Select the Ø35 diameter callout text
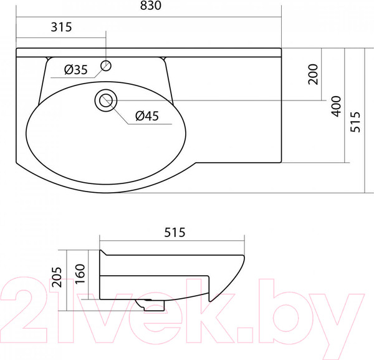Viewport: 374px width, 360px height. click(75, 70)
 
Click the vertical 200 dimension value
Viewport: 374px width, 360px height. click(313, 75)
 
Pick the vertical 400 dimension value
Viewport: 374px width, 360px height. click(337, 105)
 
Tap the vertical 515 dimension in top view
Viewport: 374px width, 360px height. click(356, 122)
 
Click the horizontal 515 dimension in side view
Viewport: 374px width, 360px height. click(175, 233)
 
